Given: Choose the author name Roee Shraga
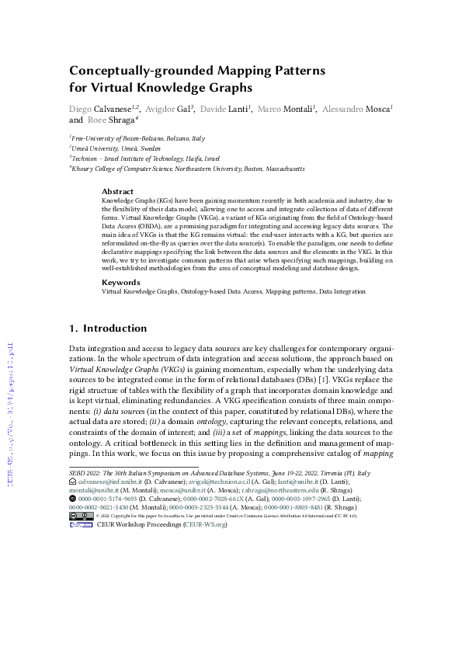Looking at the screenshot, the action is pyautogui.click(x=110, y=120).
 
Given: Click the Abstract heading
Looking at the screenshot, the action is pyautogui.click(x=118, y=191).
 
